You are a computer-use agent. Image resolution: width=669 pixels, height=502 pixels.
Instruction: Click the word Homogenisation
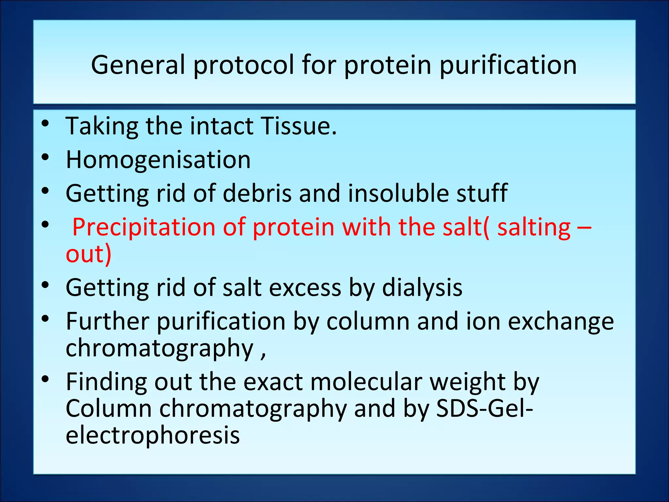[158, 160]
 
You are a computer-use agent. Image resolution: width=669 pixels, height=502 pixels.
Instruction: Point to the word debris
[257, 193]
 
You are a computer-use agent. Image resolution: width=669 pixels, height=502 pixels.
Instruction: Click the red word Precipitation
[143, 227]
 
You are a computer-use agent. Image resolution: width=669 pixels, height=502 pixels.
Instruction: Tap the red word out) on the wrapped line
[89, 254]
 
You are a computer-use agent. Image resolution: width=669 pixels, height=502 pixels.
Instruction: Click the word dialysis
[422, 288]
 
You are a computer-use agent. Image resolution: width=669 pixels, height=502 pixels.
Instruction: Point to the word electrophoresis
[153, 435]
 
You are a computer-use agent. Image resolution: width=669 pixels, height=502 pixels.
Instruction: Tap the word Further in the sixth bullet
[107, 322]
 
